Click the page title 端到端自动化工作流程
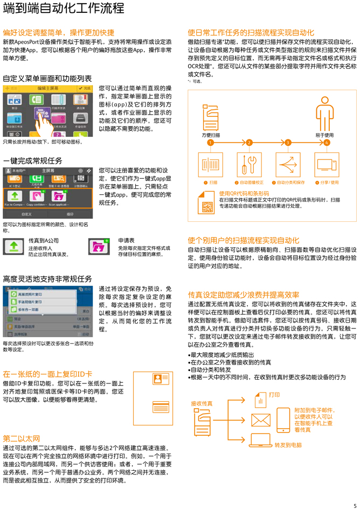tap(64, 9)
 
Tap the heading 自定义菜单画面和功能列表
tap(47, 79)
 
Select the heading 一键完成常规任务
tap(32, 161)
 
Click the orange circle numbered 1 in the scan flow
tap(210, 143)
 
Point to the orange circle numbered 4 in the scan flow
tap(327, 143)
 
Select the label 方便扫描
tap(211, 135)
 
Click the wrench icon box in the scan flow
tap(250, 164)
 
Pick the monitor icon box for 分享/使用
tap(327, 164)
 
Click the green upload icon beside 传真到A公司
tap(13, 247)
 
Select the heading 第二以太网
tap(22, 438)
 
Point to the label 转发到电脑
tap(288, 445)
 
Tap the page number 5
tap(355, 505)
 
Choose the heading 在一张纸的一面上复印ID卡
tap(47, 374)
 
